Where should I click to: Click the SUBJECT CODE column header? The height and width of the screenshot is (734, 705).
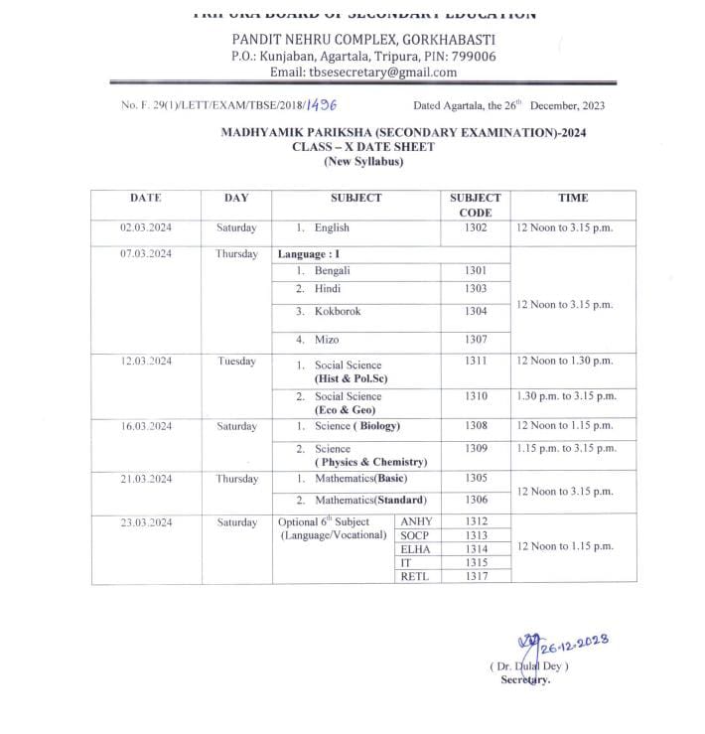(x=476, y=205)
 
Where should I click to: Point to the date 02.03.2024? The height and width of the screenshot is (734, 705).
(x=146, y=228)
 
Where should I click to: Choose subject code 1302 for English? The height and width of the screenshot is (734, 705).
(x=476, y=228)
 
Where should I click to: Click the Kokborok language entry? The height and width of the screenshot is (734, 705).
(x=337, y=312)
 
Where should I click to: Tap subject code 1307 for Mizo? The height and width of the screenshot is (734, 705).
(x=476, y=340)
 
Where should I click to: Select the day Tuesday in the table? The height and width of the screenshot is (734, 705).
(x=236, y=362)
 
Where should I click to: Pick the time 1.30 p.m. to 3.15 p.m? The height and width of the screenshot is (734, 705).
(x=566, y=396)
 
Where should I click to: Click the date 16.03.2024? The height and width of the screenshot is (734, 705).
(x=146, y=426)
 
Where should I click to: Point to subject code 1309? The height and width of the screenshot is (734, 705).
(x=476, y=449)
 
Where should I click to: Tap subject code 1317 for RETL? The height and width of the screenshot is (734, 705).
(x=476, y=576)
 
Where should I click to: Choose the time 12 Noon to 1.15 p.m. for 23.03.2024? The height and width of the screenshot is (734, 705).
(x=565, y=546)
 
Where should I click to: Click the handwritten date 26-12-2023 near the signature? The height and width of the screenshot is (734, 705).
(x=575, y=647)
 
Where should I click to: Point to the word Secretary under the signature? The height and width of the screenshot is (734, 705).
(x=525, y=680)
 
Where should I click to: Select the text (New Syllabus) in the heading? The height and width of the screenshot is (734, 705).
(x=363, y=162)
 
